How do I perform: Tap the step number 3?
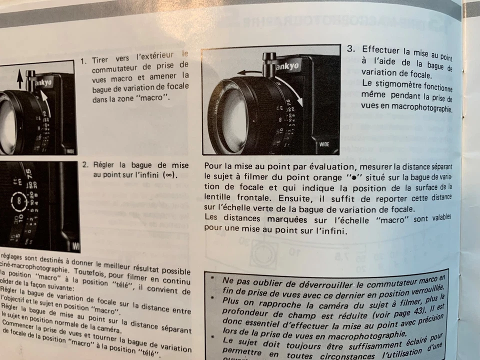pyautogui.click(x=351, y=49)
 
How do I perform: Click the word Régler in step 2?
pyautogui.click(x=104, y=165)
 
